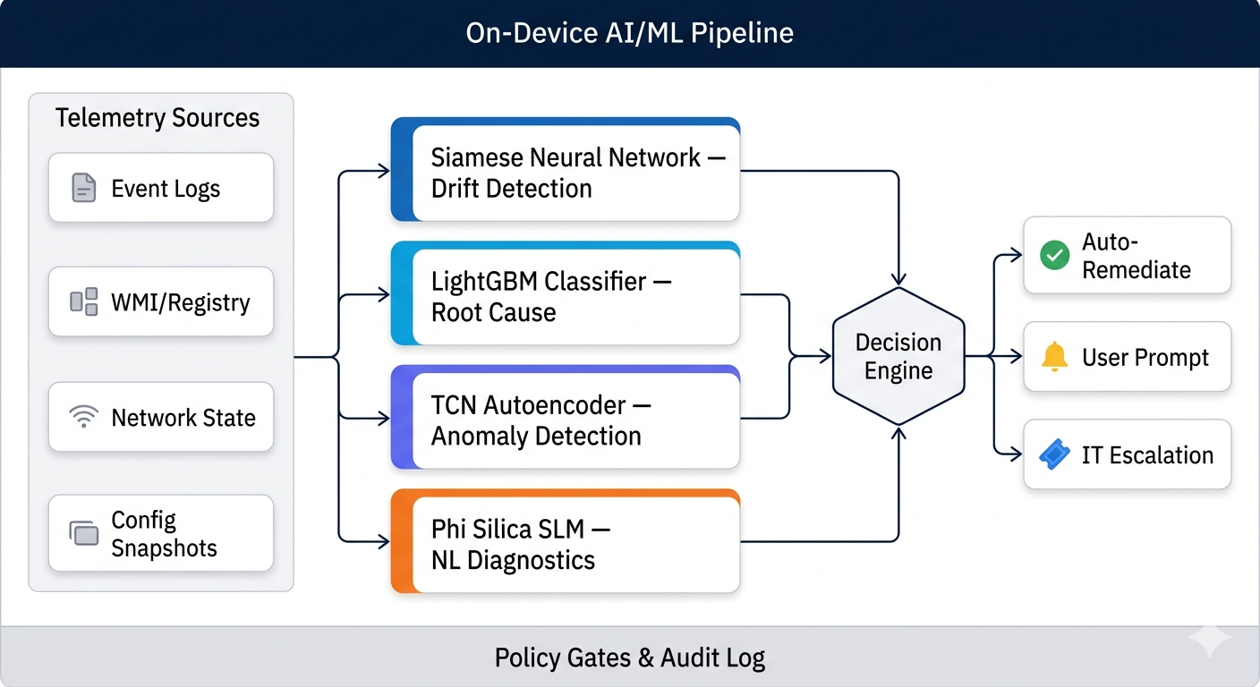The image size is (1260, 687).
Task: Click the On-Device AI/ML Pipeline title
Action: [629, 34]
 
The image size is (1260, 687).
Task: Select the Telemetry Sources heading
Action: [157, 118]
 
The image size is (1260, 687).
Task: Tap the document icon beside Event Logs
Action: [83, 188]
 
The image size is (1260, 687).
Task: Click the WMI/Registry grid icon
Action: [83, 302]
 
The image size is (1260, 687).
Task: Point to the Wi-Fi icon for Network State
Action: [83, 417]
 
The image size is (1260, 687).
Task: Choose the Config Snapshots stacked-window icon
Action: [83, 533]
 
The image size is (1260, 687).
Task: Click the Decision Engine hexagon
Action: [898, 356]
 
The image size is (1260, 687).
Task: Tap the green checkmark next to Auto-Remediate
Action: [1054, 256]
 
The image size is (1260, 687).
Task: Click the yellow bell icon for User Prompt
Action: [1054, 357]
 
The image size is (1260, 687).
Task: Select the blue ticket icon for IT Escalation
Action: [1054, 455]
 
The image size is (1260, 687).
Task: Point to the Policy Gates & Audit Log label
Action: [629, 659]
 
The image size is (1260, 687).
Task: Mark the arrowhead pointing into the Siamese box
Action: [385, 171]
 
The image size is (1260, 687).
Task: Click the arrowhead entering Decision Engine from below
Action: [898, 432]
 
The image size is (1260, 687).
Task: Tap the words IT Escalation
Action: [1147, 455]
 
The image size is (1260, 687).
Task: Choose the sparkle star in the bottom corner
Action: [1209, 640]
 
